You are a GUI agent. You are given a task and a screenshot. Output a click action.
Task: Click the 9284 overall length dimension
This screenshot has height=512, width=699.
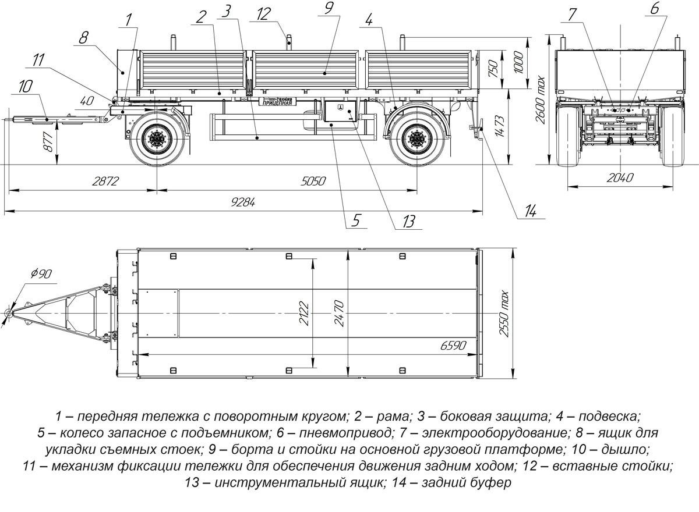click(244, 202)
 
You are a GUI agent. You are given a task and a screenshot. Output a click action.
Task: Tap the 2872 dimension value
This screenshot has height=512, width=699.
click(105, 181)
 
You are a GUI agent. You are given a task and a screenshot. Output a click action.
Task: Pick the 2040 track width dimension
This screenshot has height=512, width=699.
click(619, 178)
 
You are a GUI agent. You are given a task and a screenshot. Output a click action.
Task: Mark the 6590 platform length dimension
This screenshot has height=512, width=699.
click(452, 346)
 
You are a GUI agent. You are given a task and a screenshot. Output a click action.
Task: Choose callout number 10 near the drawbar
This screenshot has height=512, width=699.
click(26, 87)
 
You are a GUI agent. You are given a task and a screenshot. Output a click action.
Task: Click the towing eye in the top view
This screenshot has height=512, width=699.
click(9, 312)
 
